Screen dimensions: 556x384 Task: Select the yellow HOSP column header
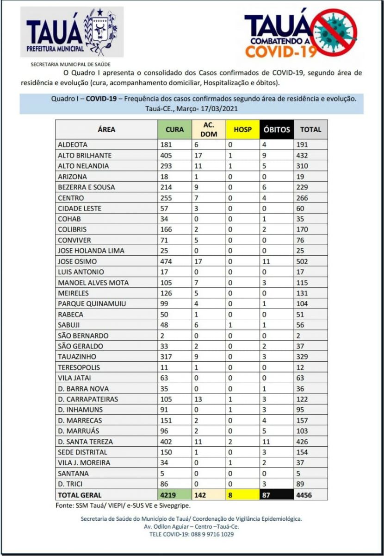[242, 129]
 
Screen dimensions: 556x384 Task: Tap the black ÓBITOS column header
[276, 129]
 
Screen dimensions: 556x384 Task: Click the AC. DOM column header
[208, 129]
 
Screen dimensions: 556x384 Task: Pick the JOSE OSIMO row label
[77, 261]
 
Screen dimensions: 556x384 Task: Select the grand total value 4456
[304, 495]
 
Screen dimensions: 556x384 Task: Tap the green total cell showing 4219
[168, 495]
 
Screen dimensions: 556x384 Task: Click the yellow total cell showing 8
[229, 495]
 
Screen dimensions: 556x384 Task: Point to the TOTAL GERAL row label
[80, 495]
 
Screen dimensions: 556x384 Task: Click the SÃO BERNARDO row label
[83, 335]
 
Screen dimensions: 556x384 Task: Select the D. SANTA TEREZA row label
[85, 442]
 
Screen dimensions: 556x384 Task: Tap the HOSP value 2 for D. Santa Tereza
[229, 442]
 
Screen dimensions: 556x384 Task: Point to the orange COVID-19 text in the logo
[281, 51]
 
